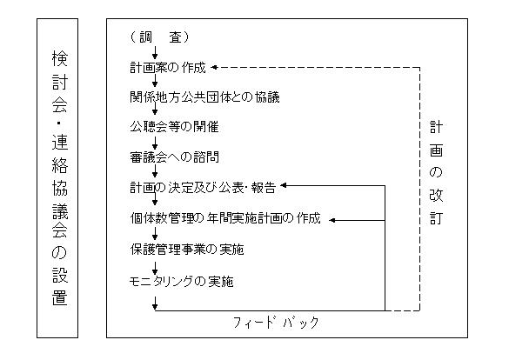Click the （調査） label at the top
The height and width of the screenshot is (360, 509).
coord(159,37)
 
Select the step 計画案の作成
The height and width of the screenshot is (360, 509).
coord(168,68)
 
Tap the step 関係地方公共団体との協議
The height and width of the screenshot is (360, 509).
coord(204,97)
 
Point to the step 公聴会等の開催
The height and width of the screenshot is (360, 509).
coord(174,126)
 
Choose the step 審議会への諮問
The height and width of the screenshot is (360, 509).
coord(174,157)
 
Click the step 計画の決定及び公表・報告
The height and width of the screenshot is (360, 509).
coord(203,188)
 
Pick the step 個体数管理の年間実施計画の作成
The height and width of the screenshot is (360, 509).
coord(225,218)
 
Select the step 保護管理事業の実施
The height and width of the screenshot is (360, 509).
coord(187,249)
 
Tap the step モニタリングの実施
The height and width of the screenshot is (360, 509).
coord(181,281)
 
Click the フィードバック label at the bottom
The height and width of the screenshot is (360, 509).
coord(276,323)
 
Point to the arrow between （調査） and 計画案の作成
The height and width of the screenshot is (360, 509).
coord(155,52)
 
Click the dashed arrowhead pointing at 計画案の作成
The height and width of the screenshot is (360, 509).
coord(214,68)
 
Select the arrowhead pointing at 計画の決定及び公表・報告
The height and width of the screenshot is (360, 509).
coord(284,185)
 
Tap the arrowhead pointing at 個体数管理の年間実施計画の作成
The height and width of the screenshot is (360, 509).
coord(332,220)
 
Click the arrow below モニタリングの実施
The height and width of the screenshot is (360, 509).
coord(155,303)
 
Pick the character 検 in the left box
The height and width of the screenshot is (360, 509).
coord(60,58)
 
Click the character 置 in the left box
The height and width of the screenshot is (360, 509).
coord(60,297)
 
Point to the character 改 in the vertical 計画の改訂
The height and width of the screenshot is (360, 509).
coord(436,196)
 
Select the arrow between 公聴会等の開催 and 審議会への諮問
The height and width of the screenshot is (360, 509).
coord(155,143)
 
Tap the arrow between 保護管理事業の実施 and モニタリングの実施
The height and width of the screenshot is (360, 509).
coord(155,268)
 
